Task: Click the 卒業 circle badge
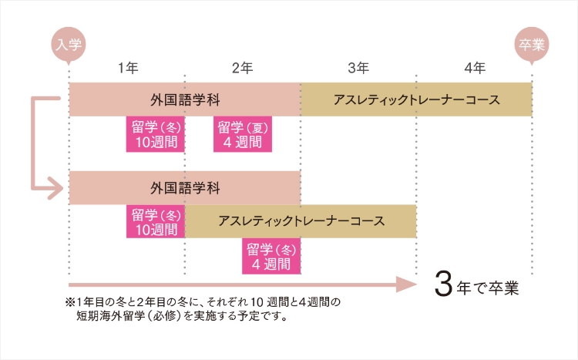pyautogui.click(x=531, y=44)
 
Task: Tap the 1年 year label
pyautogui.click(x=128, y=69)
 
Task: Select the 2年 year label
pyautogui.click(x=242, y=69)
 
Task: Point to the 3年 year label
pyautogui.click(x=358, y=69)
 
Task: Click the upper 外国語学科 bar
pyautogui.click(x=185, y=99)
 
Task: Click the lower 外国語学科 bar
pyautogui.click(x=185, y=188)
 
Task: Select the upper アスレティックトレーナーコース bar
pyautogui.click(x=416, y=99)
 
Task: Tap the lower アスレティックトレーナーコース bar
pyautogui.click(x=301, y=221)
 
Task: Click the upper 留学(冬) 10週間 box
pyautogui.click(x=155, y=134)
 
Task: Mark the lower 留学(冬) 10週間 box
pyautogui.click(x=155, y=221)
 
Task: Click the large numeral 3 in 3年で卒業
pyautogui.click(x=442, y=284)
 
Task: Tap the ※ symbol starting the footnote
pyautogui.click(x=69, y=301)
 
